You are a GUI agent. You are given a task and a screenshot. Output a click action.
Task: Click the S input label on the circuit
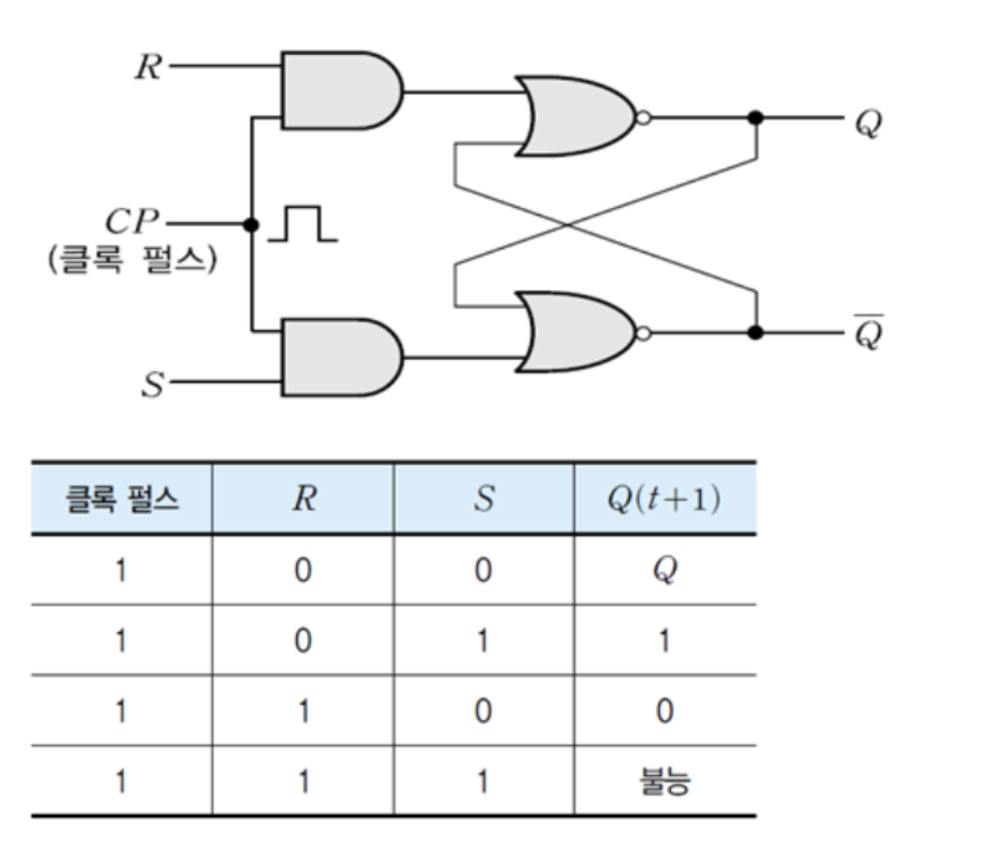pyautogui.click(x=152, y=383)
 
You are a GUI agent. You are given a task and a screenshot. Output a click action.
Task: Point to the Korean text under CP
pyautogui.click(x=131, y=258)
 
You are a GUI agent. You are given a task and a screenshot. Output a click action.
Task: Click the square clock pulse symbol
pyautogui.click(x=303, y=225)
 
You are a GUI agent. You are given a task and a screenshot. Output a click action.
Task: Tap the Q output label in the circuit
pyautogui.click(x=867, y=122)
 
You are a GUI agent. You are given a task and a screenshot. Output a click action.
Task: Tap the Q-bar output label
pyautogui.click(x=868, y=332)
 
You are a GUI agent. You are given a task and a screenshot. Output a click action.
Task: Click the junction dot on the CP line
pyautogui.click(x=250, y=225)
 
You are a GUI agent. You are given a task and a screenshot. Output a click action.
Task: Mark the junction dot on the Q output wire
pyautogui.click(x=757, y=118)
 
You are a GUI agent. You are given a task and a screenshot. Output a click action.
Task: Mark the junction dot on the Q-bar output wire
pyautogui.click(x=757, y=332)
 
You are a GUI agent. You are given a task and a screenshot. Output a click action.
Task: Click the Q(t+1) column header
pyautogui.click(x=664, y=500)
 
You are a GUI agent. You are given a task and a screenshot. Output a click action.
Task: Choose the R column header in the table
pyautogui.click(x=302, y=500)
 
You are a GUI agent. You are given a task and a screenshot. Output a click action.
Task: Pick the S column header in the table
pyautogui.click(x=483, y=500)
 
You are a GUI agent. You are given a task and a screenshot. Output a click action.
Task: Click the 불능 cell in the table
pyautogui.click(x=664, y=782)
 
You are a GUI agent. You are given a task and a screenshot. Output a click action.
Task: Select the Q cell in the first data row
pyautogui.click(x=664, y=570)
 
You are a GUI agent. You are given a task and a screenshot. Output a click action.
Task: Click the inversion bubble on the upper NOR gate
pyautogui.click(x=643, y=118)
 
